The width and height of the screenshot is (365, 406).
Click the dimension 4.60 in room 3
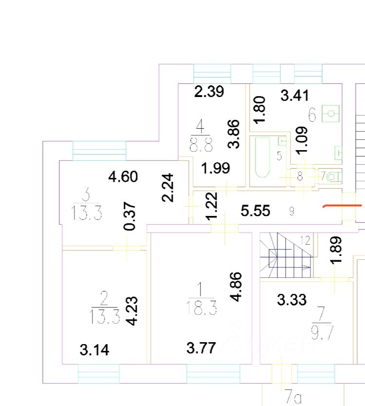123,176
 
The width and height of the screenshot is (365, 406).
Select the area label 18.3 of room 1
201,308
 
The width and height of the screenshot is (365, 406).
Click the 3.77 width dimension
201,348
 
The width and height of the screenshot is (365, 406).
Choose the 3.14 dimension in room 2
94,349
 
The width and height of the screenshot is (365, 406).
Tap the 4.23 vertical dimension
131,310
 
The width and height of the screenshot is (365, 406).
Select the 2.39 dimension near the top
209,91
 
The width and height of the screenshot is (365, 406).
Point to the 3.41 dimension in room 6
294,95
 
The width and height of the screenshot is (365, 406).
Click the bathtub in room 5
262,156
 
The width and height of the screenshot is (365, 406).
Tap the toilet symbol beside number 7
333,175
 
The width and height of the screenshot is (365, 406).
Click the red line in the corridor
342,206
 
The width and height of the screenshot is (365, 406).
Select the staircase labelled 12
285,255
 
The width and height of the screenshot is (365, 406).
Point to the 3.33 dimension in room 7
292,299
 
